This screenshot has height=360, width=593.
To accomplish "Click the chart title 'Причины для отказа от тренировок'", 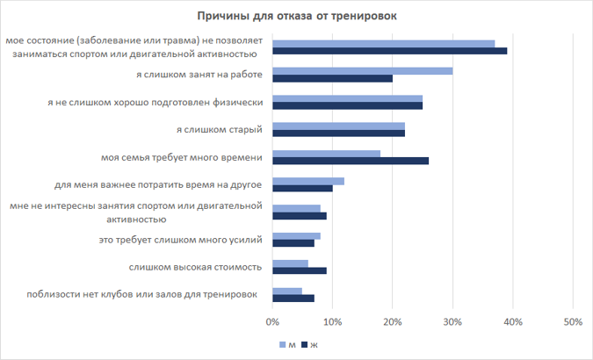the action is click(x=297, y=17).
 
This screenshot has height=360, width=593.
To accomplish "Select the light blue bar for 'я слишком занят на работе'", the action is click(x=363, y=71).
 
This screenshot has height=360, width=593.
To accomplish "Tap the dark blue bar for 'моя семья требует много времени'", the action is click(x=351, y=161).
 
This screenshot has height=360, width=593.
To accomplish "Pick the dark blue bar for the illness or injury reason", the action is click(x=390, y=51).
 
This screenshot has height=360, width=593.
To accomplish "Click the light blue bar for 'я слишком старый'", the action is click(x=339, y=126).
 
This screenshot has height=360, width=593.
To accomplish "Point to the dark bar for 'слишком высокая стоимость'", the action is click(x=300, y=270).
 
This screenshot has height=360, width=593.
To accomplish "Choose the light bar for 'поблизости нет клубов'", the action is click(x=287, y=292).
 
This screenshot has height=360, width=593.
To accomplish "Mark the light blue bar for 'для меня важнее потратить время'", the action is click(x=308, y=182).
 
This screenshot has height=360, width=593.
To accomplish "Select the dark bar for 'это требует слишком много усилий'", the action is click(x=293, y=243).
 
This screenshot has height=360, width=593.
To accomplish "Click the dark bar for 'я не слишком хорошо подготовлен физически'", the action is click(x=348, y=106).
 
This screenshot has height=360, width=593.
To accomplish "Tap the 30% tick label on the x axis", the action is click(x=452, y=322).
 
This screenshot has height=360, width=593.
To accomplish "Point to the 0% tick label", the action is click(x=272, y=322).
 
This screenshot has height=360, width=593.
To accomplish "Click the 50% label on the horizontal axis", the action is click(x=573, y=322).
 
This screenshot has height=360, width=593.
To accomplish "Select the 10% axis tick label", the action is click(x=333, y=322).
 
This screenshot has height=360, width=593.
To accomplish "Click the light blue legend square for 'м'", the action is click(x=283, y=344).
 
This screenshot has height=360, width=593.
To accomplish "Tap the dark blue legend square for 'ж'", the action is click(x=305, y=344).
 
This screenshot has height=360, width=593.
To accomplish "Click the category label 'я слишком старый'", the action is click(x=220, y=130).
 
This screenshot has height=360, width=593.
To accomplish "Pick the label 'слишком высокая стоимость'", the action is click(x=195, y=267).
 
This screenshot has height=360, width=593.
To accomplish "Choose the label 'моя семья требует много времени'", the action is click(x=182, y=157).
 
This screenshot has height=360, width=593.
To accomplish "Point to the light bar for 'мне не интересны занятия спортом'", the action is click(x=297, y=209).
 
